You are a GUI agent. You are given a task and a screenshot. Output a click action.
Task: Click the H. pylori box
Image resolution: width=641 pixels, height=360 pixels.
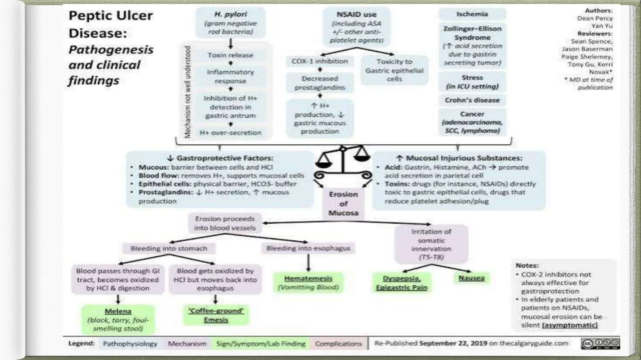[x=231, y=23]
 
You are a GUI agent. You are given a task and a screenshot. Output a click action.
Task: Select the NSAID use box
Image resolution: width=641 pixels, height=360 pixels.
[x=356, y=27]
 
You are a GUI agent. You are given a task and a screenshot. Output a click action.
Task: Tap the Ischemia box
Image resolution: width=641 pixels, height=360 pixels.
[x=472, y=14]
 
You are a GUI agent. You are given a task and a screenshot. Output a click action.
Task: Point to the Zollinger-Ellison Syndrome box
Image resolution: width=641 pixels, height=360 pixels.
[x=472, y=46]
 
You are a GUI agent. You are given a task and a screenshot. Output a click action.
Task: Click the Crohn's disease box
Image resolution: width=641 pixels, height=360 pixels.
[x=472, y=100]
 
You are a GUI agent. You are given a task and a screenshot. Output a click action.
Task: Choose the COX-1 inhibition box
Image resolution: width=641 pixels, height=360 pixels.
[x=320, y=61]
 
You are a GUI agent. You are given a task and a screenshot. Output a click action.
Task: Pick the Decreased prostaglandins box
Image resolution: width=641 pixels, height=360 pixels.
[x=320, y=83]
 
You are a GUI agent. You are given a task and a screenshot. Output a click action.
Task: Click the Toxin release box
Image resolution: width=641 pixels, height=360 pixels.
[x=230, y=55]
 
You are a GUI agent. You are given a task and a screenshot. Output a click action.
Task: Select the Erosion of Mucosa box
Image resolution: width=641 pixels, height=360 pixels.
[x=343, y=203]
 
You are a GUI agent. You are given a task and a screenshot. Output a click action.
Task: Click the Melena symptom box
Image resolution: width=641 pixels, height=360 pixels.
[x=118, y=320]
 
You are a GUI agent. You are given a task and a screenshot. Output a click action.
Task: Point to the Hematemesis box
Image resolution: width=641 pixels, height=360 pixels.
[x=308, y=282]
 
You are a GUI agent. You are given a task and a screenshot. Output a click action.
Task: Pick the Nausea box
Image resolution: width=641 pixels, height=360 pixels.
[x=471, y=278]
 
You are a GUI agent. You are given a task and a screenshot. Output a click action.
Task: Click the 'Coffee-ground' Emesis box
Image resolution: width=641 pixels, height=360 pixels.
[x=216, y=315]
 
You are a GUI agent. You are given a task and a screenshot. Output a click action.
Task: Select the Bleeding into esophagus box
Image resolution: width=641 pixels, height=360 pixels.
[x=308, y=248]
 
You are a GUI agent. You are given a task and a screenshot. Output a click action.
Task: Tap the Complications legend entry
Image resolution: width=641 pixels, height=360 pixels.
[x=338, y=343]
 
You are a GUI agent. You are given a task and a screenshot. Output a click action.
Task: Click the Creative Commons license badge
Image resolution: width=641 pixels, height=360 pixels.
[x=600, y=343]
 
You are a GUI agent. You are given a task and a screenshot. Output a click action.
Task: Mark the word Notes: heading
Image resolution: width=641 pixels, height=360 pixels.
[x=527, y=265]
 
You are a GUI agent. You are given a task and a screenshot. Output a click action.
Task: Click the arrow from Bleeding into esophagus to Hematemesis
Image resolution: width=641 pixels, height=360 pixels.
[x=308, y=262]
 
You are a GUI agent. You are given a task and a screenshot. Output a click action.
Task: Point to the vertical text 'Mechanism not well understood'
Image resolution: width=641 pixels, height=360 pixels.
[x=187, y=92]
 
